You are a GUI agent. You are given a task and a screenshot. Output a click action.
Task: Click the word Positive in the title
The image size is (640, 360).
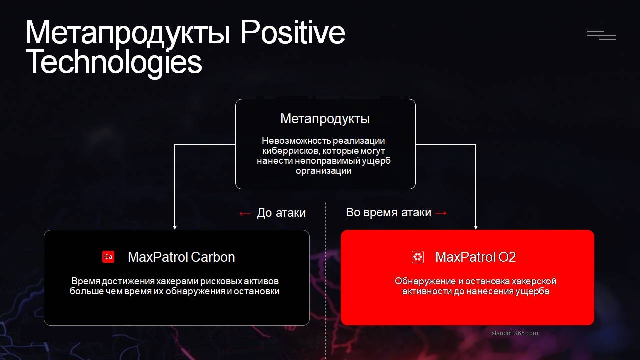(x=293, y=33)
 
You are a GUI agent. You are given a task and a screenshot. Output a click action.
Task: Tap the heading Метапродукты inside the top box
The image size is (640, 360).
(x=325, y=119)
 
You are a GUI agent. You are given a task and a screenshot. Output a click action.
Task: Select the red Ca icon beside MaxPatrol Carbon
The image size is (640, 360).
(x=108, y=257)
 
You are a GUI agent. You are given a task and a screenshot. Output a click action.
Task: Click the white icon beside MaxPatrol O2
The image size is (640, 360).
(x=417, y=257)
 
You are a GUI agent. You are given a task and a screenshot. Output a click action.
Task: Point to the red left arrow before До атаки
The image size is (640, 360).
(x=245, y=213)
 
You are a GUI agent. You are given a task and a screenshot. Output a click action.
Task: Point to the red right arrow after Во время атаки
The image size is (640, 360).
(x=441, y=213)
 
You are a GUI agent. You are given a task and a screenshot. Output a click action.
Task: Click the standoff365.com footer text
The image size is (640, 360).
(x=515, y=333)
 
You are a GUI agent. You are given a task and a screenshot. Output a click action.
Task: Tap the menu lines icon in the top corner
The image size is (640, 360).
(x=601, y=35)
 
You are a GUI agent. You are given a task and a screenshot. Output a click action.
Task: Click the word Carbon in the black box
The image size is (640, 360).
(x=213, y=257)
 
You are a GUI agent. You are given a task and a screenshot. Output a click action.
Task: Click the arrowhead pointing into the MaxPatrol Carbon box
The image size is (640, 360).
(x=175, y=227)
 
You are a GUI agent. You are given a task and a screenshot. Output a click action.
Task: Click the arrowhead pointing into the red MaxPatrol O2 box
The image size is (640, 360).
(x=476, y=227)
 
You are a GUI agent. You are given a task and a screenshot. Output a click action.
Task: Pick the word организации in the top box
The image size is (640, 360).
(x=323, y=171)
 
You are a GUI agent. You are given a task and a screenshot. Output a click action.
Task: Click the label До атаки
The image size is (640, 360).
(x=281, y=213)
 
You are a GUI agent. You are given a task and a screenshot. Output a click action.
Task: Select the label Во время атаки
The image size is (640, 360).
(x=388, y=212)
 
